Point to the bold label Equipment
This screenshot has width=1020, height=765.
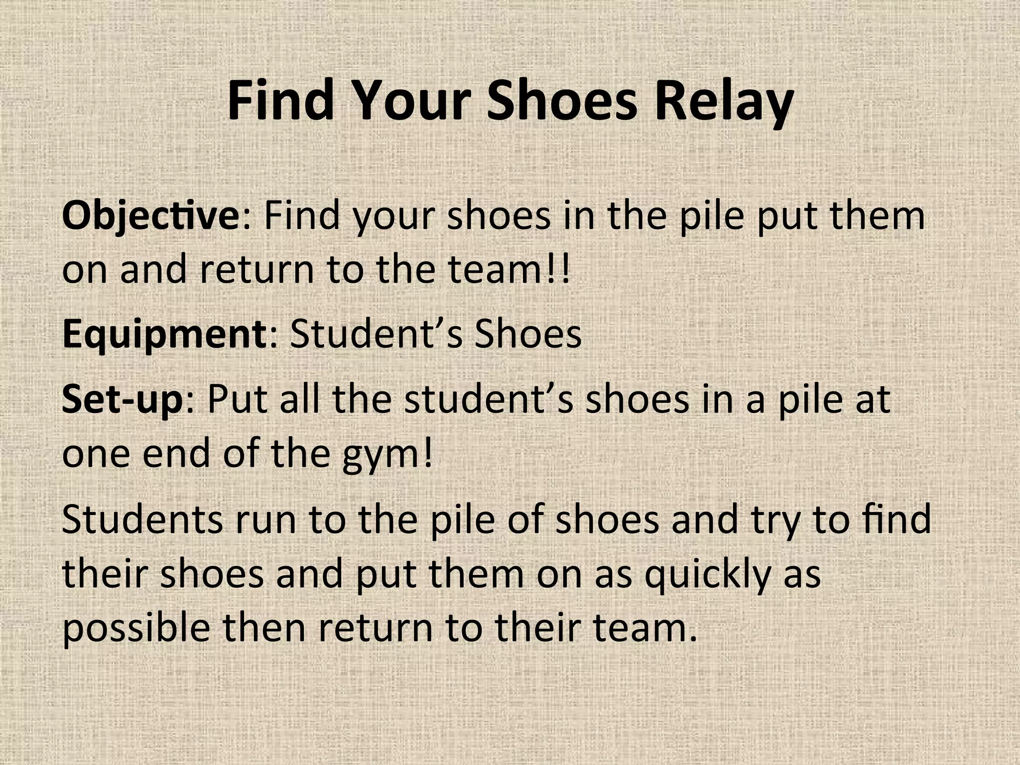click(x=165, y=334)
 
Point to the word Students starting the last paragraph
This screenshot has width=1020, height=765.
click(x=142, y=519)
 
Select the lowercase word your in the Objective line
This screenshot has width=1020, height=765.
click(x=393, y=216)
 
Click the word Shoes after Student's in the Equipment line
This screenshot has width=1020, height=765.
click(x=527, y=334)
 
